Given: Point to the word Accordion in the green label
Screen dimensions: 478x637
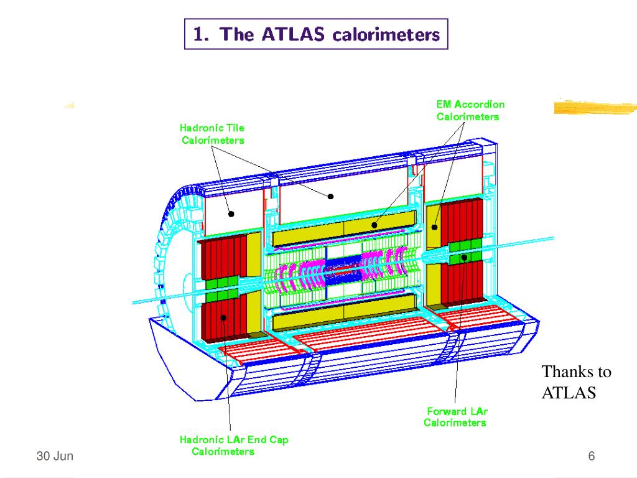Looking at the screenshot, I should coord(480,105).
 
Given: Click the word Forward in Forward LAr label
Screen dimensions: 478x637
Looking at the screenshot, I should coord(446,411).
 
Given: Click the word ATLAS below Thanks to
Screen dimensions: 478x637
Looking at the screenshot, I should coord(569,393).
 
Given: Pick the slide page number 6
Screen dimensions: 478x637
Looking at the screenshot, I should coord(592,456).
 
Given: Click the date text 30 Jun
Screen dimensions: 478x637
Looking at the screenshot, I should coord(55,456).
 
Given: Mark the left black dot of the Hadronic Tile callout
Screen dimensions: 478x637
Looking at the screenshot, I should coord(231,213).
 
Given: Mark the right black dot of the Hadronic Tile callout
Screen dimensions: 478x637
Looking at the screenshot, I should coord(331,197).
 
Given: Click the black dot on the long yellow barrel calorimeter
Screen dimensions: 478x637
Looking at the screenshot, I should coord(374,224).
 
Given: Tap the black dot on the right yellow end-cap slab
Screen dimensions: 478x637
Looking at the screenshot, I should coord(435,227).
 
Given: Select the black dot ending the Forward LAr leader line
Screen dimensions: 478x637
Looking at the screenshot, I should coord(464,256).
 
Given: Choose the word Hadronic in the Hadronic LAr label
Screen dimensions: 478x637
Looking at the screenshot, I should coord(201,440).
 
